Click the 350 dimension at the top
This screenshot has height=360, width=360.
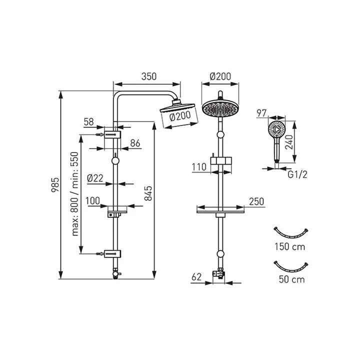click(149, 76)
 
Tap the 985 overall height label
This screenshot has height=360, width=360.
click(55, 185)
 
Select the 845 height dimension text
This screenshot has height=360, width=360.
click(148, 193)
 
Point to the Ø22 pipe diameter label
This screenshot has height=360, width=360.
click(95, 178)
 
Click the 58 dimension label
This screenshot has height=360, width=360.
click(89, 122)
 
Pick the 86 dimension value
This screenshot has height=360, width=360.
click(135, 143)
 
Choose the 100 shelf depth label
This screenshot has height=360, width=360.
click(93, 201)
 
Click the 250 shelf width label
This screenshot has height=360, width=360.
click(256, 201)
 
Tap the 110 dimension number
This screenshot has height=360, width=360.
click(199, 167)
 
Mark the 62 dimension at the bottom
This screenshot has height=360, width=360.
click(196, 277)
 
